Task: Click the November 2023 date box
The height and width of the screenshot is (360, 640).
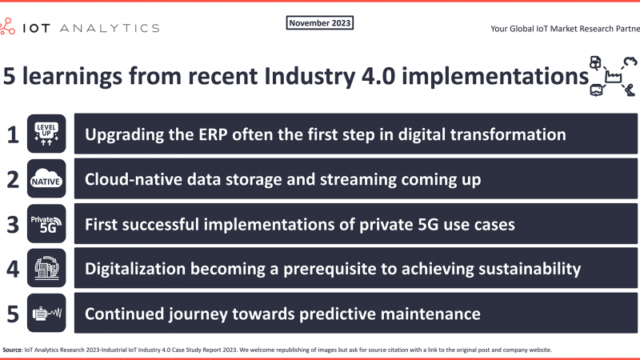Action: [319, 23]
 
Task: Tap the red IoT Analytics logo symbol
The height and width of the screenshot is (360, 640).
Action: [7, 26]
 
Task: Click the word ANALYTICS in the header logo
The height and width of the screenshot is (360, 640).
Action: [110, 28]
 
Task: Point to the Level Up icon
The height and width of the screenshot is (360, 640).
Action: [46, 134]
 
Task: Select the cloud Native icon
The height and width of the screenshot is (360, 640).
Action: [46, 178]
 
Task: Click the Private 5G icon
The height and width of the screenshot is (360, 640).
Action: [46, 223]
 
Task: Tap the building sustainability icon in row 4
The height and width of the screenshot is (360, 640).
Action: [46, 268]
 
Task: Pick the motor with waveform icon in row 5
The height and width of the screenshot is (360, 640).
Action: [46, 313]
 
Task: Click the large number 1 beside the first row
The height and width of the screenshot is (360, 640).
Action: [13, 134]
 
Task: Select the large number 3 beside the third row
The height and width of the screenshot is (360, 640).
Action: [13, 225]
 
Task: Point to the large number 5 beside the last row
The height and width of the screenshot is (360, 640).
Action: [13, 314]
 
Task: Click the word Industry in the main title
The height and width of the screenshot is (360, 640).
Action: [310, 77]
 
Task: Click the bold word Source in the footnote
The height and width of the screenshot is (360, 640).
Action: [12, 350]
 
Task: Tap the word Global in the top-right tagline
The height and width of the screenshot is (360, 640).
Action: [522, 29]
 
